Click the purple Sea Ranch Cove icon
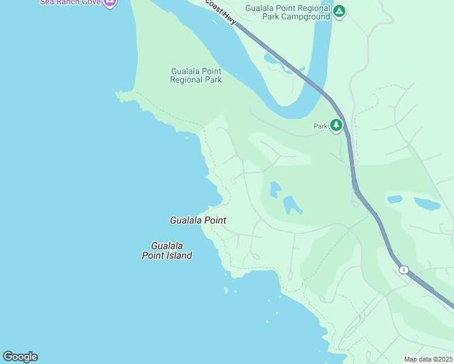[109, 2]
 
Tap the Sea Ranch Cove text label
[70, 2]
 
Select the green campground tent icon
[339, 11]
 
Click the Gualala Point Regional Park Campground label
[288, 12]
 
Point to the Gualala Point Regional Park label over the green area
[195, 75]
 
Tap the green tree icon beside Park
[336, 125]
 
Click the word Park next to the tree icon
[320, 126]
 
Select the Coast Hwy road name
[220, 12]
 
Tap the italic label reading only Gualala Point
[198, 220]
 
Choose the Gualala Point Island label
[167, 251]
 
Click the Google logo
[20, 357]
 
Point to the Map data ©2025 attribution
[428, 359]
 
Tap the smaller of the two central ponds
[274, 189]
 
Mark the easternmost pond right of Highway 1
[427, 204]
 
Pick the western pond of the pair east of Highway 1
[395, 199]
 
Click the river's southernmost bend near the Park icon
[291, 113]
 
